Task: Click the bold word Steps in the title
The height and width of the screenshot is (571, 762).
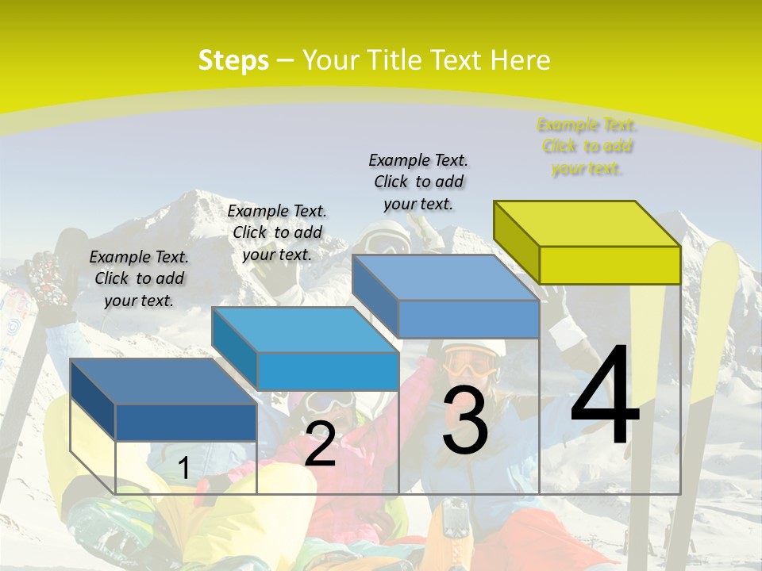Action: tap(233, 60)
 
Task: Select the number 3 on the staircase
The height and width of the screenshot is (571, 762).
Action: tap(465, 422)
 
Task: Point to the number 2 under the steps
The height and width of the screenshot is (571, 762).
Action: tap(320, 445)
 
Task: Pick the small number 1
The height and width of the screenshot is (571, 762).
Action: tap(183, 469)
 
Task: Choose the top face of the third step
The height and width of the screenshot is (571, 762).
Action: tap(444, 278)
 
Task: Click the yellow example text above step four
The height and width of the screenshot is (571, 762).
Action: tap(587, 147)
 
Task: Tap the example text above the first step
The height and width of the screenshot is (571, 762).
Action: tap(139, 278)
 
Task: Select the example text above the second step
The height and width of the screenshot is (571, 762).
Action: tap(277, 232)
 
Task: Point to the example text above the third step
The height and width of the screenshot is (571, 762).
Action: tap(418, 182)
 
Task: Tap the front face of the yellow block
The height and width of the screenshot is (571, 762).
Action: tap(610, 265)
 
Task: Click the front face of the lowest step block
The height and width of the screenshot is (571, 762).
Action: tap(186, 422)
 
